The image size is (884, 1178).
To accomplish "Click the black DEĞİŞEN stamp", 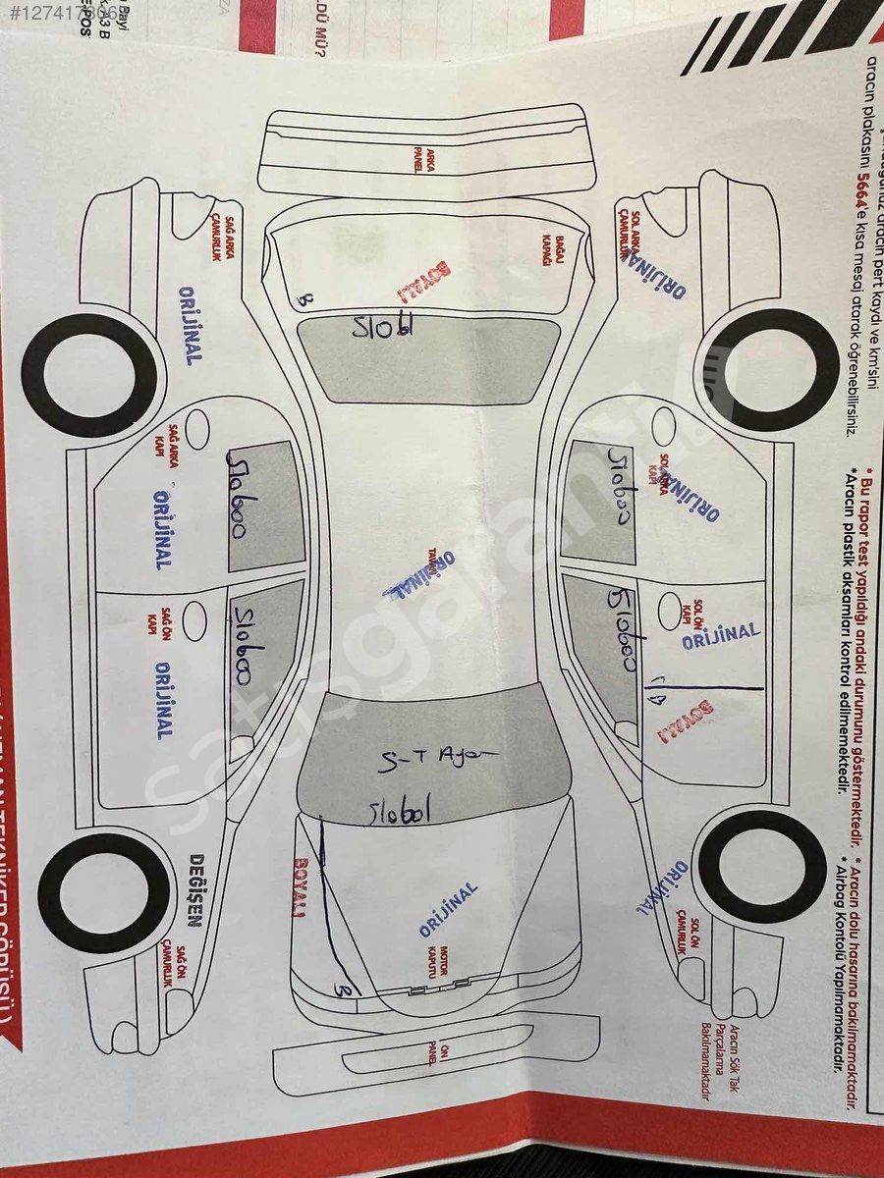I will click(x=194, y=888).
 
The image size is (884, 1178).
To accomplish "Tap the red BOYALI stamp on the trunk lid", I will click(x=423, y=281).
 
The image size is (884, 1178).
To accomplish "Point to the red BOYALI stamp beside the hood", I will click(x=299, y=887).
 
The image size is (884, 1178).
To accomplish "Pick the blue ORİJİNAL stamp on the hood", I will click(x=448, y=909).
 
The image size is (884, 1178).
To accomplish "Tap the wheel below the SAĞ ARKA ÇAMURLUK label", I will click(x=91, y=375).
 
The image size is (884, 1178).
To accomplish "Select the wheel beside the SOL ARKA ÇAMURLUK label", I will click(x=761, y=370).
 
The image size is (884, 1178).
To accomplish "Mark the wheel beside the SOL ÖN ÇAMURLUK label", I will click(x=762, y=866).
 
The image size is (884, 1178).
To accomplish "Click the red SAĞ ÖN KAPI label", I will click(x=153, y=621).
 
